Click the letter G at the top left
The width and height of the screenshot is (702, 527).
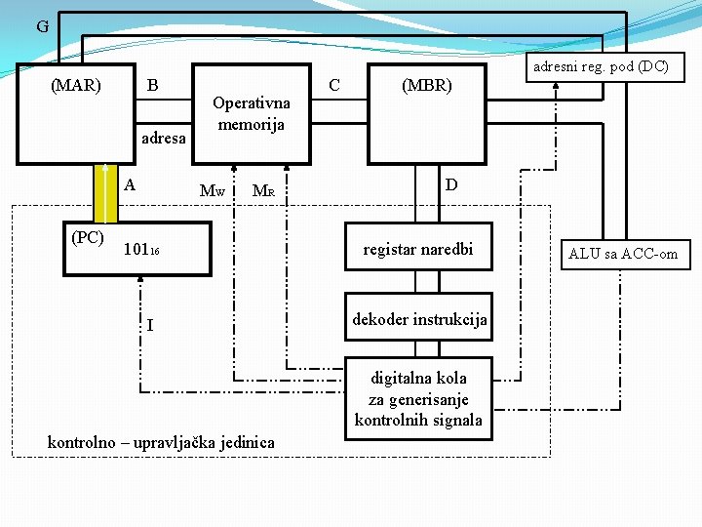[x=42, y=26]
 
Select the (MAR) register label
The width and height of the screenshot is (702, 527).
[x=75, y=85]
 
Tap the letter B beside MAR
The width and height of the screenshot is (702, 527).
[x=152, y=85]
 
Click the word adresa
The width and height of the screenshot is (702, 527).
[x=164, y=138]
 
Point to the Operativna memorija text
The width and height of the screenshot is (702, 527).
[x=251, y=113]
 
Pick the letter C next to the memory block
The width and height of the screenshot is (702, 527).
[x=334, y=85]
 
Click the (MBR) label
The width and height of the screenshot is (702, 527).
[x=427, y=85]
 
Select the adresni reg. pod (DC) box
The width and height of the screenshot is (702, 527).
[x=605, y=66]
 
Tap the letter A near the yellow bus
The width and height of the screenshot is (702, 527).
[x=130, y=184]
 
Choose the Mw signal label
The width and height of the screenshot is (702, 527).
[x=212, y=190]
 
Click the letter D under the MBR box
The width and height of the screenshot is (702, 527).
[x=451, y=184]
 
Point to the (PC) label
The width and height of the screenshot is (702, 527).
[x=88, y=237]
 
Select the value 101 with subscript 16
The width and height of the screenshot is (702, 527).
[x=141, y=250]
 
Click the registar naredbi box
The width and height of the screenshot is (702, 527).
[x=417, y=250]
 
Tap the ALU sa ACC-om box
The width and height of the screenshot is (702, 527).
[x=623, y=254]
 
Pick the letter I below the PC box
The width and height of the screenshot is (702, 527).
[x=149, y=325]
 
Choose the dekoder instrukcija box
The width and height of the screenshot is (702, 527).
[x=419, y=319]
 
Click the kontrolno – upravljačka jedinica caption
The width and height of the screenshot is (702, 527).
[x=161, y=443]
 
